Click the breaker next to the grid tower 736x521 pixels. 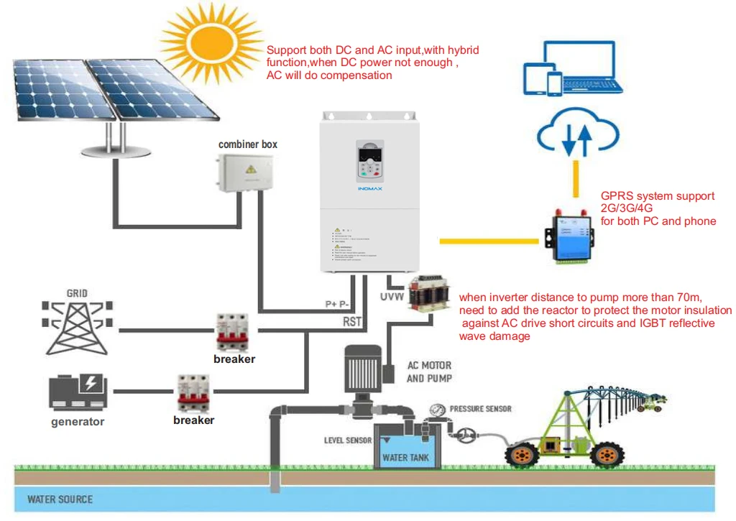(x=232, y=331)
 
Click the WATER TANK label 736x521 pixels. (x=405, y=457)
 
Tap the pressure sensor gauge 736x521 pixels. (x=437, y=411)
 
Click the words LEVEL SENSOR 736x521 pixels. (x=348, y=440)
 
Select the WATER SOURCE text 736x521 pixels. (x=60, y=499)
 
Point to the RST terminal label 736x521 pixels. (x=352, y=323)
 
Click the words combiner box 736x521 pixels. (x=248, y=144)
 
